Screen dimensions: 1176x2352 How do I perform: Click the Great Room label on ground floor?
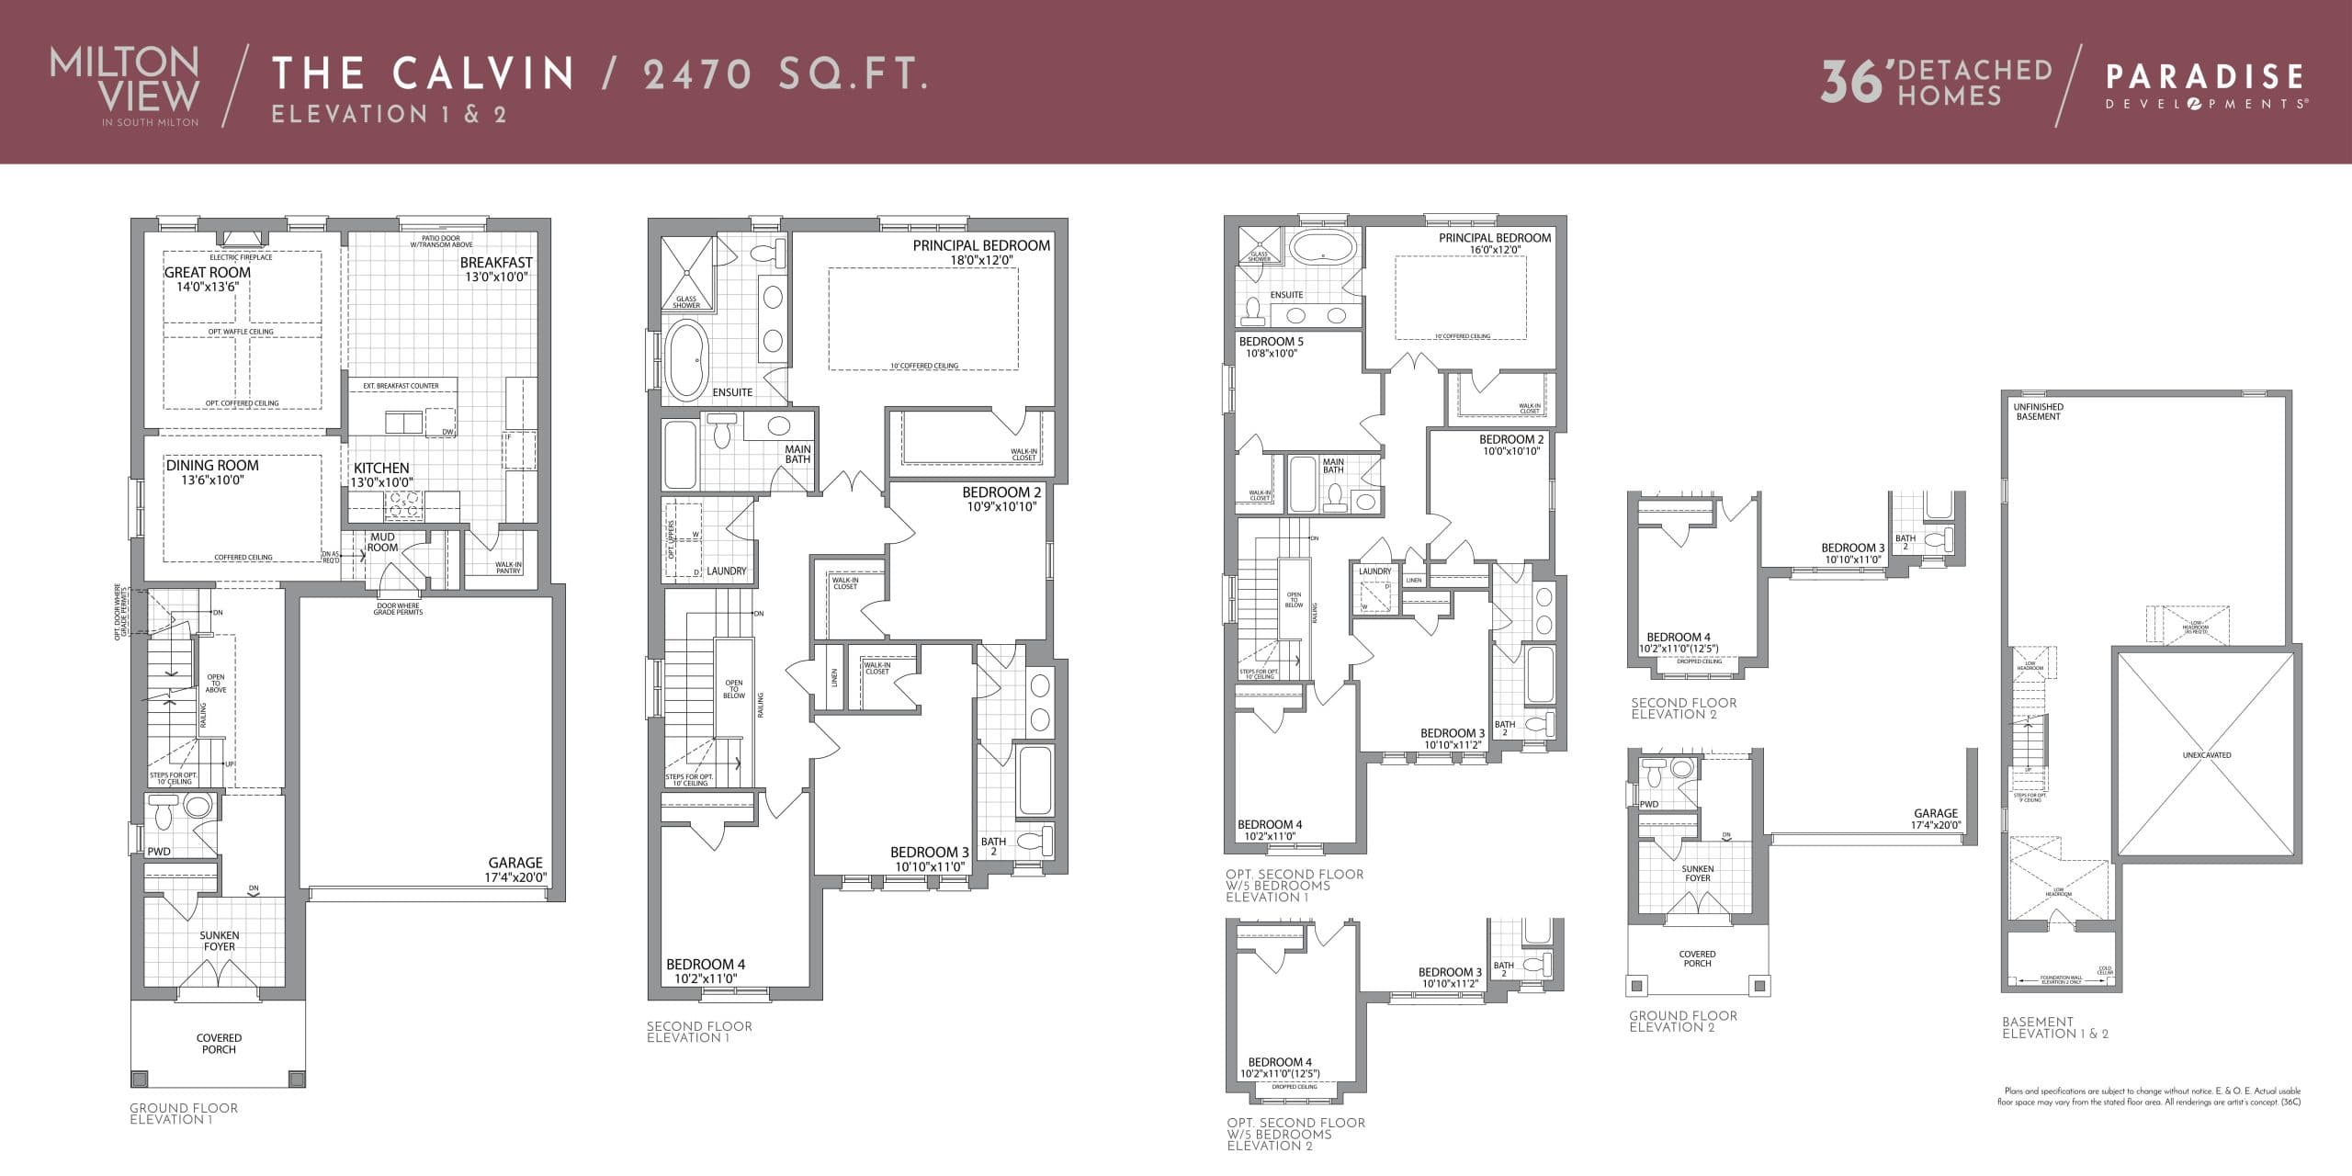point(207,273)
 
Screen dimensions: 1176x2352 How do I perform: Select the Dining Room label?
point(212,466)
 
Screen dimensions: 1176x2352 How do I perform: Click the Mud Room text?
point(382,542)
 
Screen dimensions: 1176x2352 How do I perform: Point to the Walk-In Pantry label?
point(508,568)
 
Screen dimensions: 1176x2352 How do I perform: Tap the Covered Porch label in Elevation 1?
point(219,1044)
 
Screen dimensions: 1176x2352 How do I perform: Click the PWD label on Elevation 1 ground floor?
point(159,852)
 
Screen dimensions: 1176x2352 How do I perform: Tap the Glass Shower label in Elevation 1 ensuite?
point(686,301)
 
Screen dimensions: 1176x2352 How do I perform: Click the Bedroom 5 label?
point(1271,342)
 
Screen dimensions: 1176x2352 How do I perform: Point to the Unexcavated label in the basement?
point(2206,755)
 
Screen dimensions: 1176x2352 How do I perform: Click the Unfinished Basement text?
point(2038,412)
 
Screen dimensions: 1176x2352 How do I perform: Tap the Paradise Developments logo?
point(2204,86)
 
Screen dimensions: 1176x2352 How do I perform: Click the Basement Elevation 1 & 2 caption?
point(2054,1027)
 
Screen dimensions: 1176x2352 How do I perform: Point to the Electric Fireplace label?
point(243,257)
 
